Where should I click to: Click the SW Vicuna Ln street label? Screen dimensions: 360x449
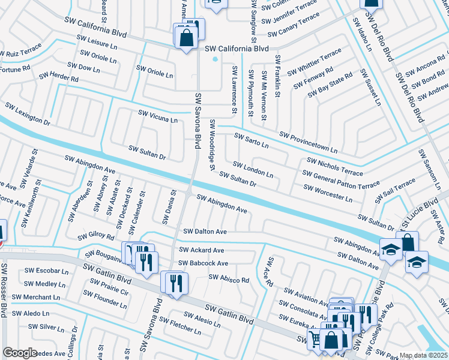158,116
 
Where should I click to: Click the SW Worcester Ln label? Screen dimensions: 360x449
328,193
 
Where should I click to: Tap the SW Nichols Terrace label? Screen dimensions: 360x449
334,166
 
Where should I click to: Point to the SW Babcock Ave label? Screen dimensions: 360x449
203,263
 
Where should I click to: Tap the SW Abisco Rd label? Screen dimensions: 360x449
228,279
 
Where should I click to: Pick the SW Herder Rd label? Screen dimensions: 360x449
59,78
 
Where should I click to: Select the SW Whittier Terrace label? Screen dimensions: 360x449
313,63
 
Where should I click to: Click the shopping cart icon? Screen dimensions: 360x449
315,338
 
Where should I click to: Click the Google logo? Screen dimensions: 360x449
20,353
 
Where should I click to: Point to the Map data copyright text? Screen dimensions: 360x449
424,355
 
